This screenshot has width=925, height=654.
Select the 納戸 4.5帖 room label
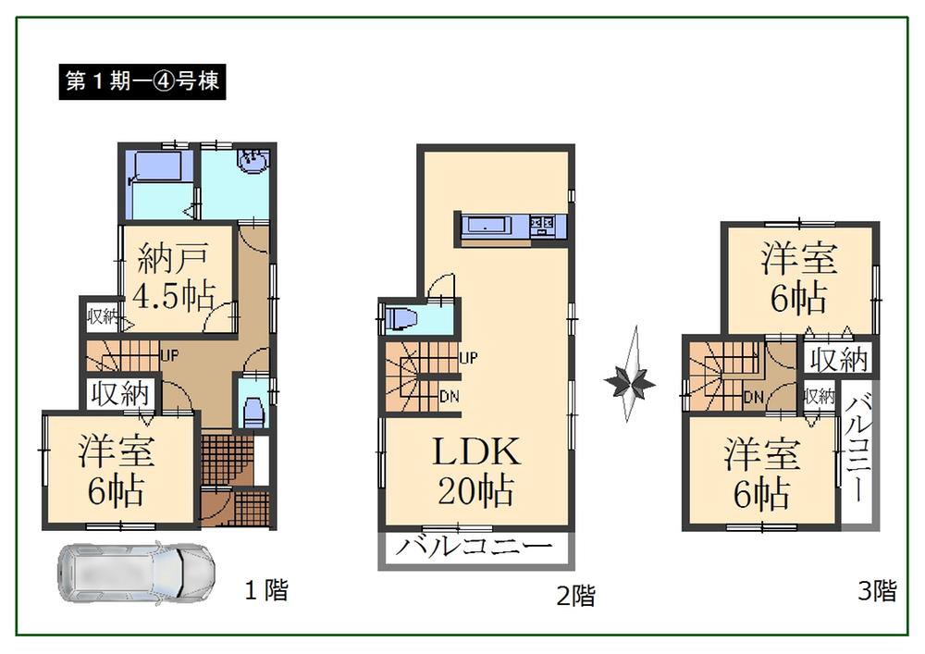175,277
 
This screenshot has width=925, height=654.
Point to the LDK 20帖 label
477,471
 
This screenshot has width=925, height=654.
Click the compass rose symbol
631,378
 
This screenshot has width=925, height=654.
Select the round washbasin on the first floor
252,162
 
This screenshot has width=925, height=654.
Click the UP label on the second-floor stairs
468,358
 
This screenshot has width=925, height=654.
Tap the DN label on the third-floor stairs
753,397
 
